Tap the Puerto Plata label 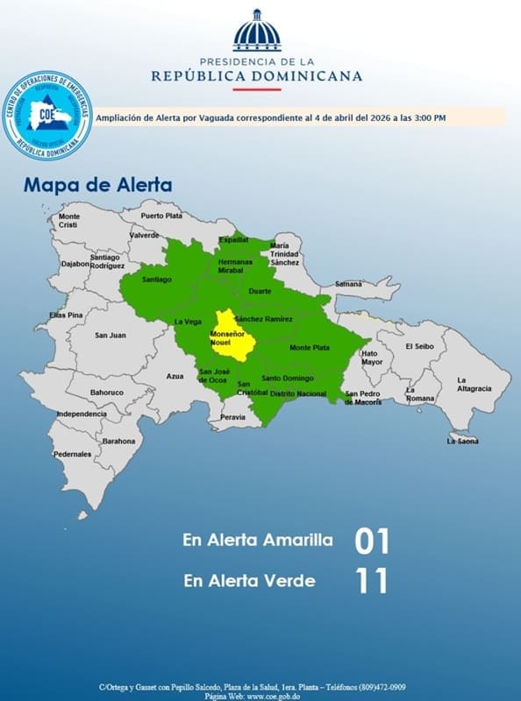(x=161, y=216)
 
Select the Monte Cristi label (x=68, y=221)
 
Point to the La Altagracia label (x=473, y=384)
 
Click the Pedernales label (x=72, y=454)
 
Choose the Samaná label (x=348, y=284)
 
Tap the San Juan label (x=111, y=335)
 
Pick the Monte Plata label (x=310, y=348)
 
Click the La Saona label (x=462, y=441)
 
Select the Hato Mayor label (x=372, y=358)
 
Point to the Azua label (x=175, y=376)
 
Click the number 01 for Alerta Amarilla (x=371, y=541)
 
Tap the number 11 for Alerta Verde (x=371, y=580)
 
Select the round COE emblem (x=48, y=115)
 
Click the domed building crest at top (x=257, y=32)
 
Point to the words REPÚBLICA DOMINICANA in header (x=257, y=76)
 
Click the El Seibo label (x=419, y=346)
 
